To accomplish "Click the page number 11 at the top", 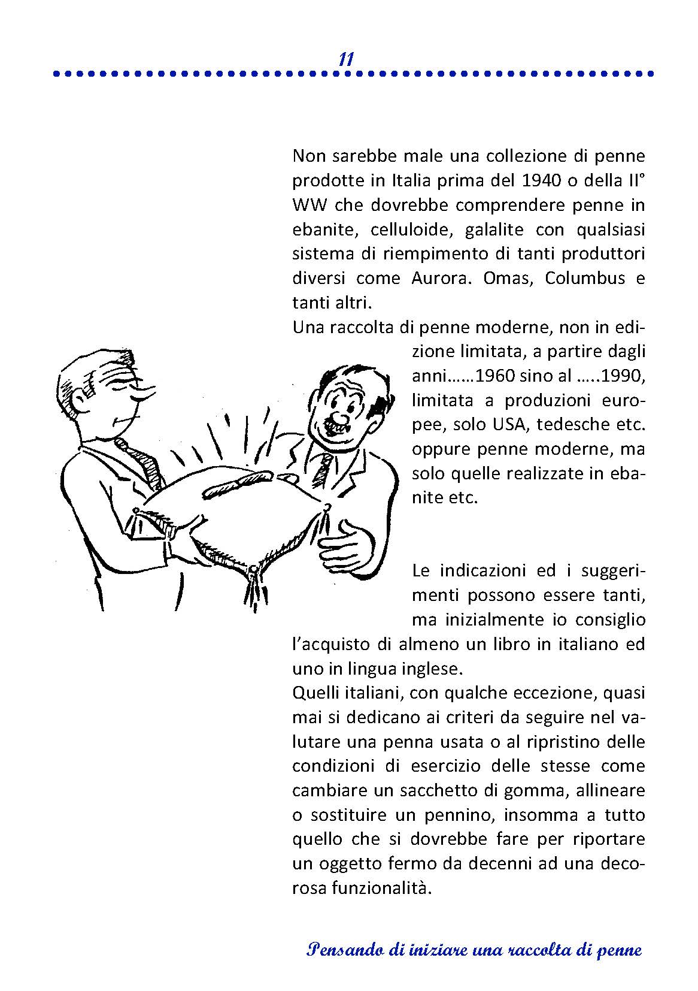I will (346, 59).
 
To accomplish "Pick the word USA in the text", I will (511, 425).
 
